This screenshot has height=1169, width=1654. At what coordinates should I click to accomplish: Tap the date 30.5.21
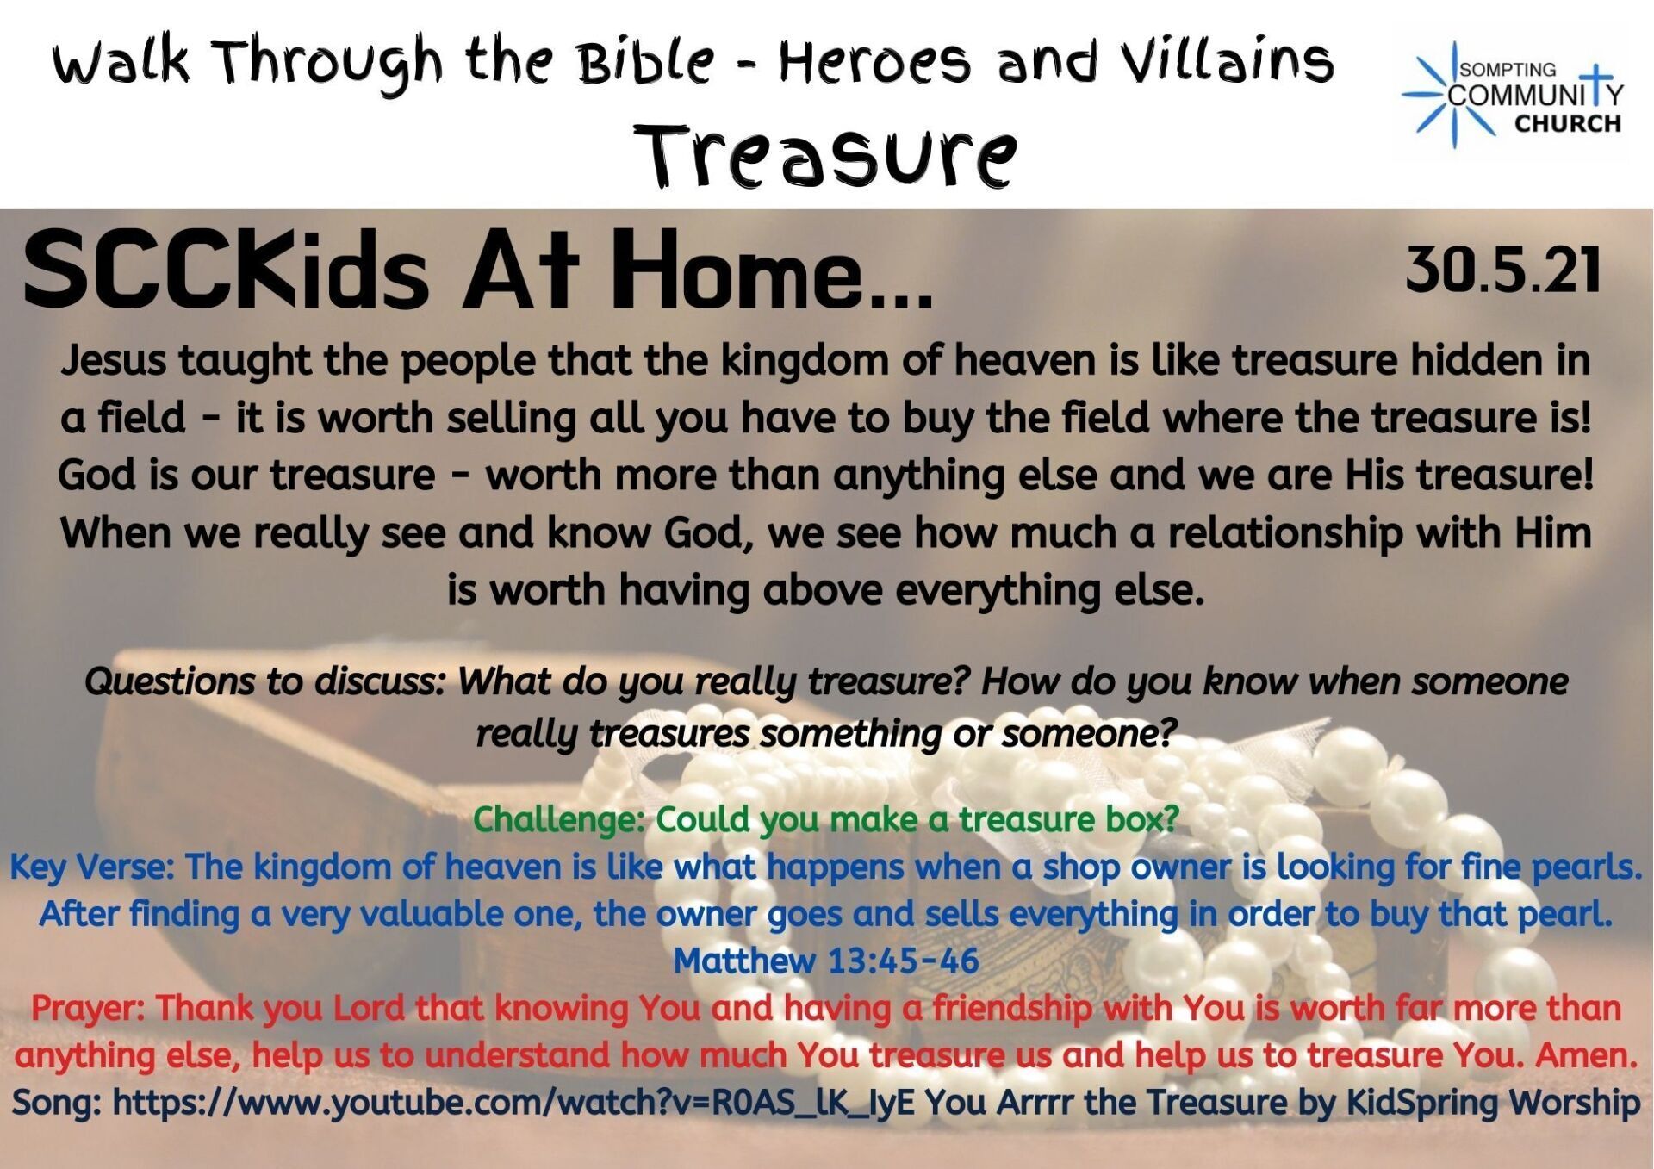1503,270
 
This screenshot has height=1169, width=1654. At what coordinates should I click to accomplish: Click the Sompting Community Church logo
1513,95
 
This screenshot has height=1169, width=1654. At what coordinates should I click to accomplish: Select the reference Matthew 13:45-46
826,961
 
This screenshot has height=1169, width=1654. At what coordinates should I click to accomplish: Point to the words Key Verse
92,867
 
